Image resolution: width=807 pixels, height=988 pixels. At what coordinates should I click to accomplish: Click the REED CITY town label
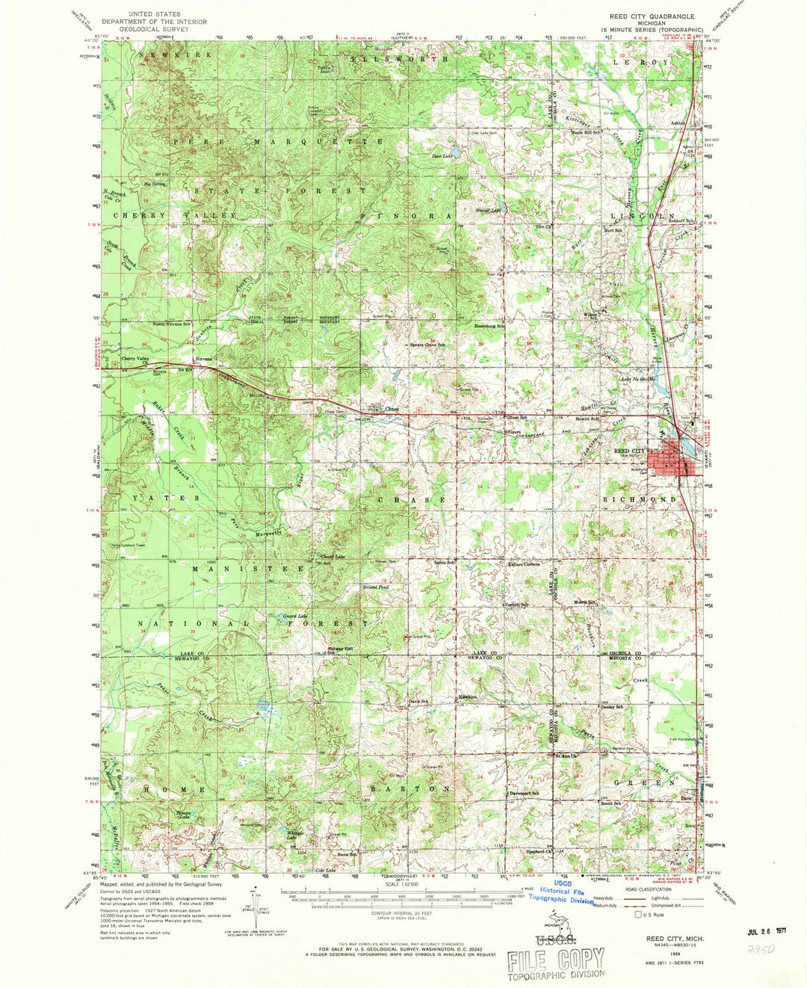(629, 451)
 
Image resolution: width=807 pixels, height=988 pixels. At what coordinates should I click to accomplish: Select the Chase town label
(392, 410)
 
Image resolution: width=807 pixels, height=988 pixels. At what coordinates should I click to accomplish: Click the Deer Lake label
(442, 156)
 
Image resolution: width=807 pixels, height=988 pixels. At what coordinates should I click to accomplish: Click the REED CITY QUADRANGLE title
(652, 16)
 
